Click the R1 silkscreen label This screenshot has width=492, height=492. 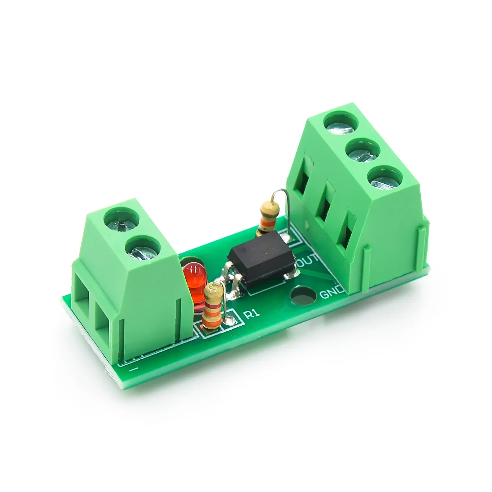[x=252, y=314]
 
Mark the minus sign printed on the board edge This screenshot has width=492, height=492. [x=134, y=369]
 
